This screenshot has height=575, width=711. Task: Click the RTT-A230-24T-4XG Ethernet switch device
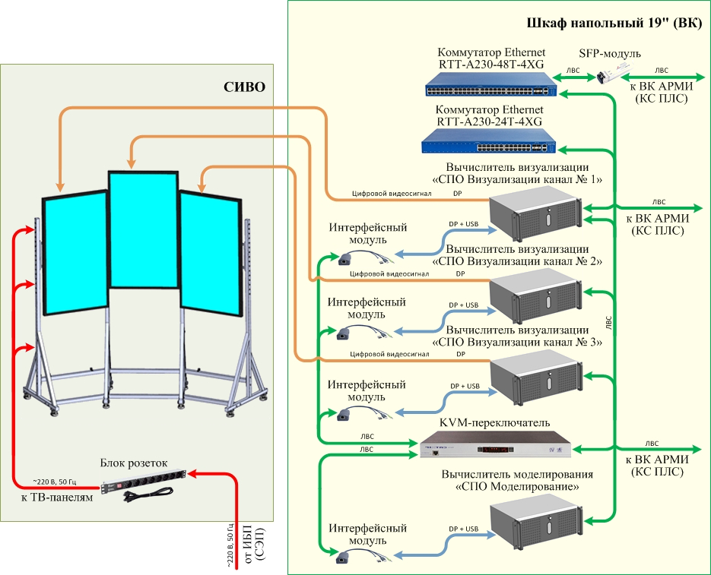pyautogui.click(x=489, y=142)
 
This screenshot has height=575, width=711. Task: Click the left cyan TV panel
pyautogui.click(x=74, y=255)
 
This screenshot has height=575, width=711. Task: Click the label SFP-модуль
pyautogui.click(x=610, y=54)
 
